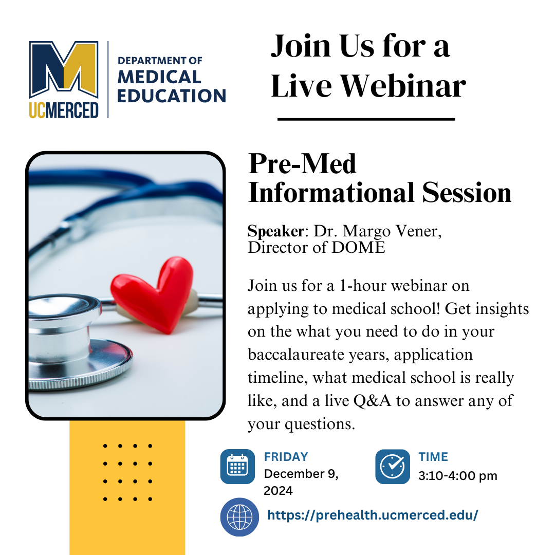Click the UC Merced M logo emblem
(x=64, y=70)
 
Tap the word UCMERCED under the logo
(x=64, y=110)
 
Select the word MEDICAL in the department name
(x=159, y=77)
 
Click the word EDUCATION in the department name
(x=172, y=96)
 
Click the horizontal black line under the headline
(x=366, y=119)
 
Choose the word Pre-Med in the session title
(x=302, y=164)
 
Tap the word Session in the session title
(x=467, y=193)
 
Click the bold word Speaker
(x=276, y=231)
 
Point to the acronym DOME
(x=359, y=247)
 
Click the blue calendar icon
(x=237, y=467)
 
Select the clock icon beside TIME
(x=393, y=467)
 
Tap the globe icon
(x=239, y=517)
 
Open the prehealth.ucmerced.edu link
(x=373, y=515)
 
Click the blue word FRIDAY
(x=286, y=457)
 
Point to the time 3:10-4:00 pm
(x=458, y=476)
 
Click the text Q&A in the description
(x=373, y=401)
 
